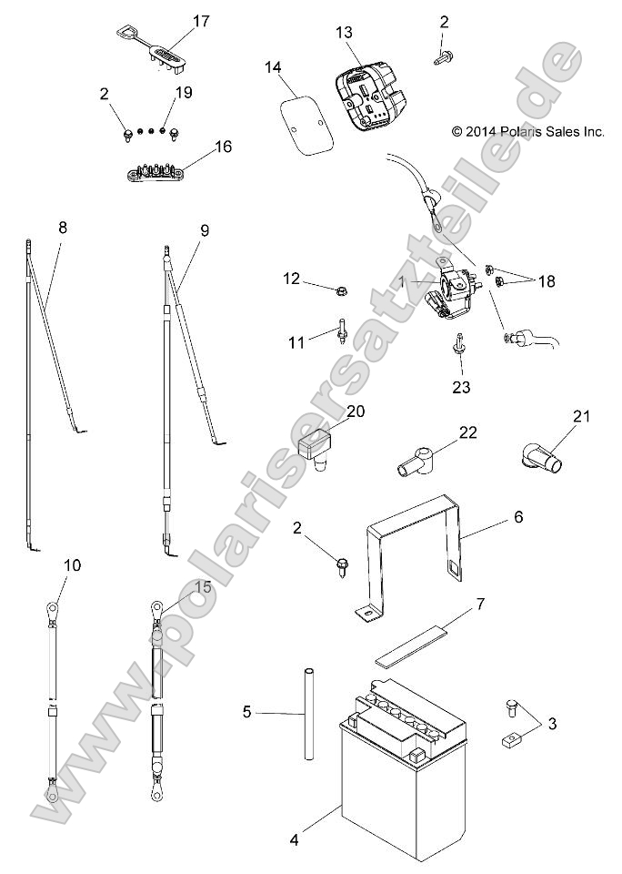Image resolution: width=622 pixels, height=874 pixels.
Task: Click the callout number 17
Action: pyautogui.click(x=201, y=20)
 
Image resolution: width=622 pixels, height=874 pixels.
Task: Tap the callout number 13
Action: pyautogui.click(x=344, y=32)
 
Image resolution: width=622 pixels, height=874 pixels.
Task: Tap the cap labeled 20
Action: pyautogui.click(x=314, y=449)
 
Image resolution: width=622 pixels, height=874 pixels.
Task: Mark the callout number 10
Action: pyautogui.click(x=72, y=565)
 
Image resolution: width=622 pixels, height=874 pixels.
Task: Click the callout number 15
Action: pyautogui.click(x=203, y=587)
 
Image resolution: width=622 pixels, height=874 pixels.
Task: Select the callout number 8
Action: pyautogui.click(x=62, y=228)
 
